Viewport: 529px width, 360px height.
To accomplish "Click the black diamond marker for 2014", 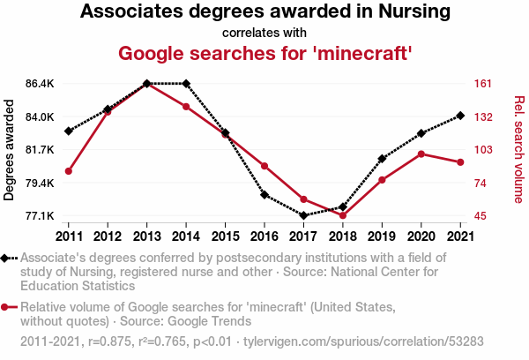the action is coord(186,84).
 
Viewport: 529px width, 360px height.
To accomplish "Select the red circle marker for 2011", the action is coord(69,171).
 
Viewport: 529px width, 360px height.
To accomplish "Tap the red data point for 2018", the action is coord(343,215).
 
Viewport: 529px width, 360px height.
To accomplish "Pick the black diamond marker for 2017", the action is coord(303,215).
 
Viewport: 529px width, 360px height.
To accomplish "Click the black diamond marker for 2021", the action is coord(460,116).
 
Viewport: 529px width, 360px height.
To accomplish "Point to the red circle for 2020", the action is coord(421,154).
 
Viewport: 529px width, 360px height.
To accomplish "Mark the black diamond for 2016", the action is coord(264,195).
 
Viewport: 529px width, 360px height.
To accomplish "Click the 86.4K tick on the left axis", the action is coord(40,84).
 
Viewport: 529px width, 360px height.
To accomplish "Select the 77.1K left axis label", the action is coord(40,215).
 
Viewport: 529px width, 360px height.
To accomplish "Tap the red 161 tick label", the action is coord(483,84).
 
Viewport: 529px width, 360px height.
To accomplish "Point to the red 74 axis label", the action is coord(481,183).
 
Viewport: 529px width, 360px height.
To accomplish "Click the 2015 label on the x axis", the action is coord(225,236).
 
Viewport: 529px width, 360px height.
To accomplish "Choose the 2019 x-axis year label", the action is coord(382,236).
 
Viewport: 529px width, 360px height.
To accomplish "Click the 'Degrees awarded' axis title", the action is coord(9,150).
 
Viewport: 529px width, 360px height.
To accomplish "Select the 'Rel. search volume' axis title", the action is coord(519,150).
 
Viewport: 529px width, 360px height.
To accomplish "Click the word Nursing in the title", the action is coord(414,11).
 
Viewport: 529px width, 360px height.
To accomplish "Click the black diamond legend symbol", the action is coord(4,259).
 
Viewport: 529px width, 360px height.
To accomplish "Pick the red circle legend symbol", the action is coord(4,307).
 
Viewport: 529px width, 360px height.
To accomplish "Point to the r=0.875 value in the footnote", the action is coord(109,341).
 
